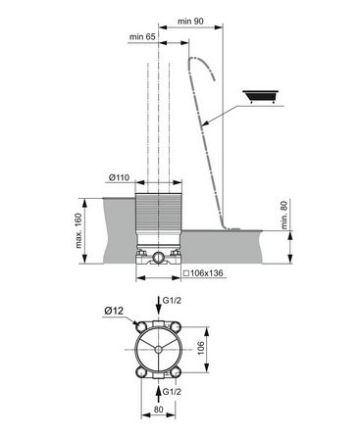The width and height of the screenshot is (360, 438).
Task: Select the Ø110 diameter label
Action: [119, 178]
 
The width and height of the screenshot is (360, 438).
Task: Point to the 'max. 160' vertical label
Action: [78, 231]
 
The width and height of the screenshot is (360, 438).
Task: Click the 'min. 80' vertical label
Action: [284, 215]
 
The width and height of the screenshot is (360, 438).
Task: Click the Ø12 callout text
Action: [114, 311]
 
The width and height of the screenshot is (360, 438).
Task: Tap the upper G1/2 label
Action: [172, 301]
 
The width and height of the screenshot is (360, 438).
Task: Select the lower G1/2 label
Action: [172, 392]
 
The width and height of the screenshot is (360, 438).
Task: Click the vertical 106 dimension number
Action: [201, 348]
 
